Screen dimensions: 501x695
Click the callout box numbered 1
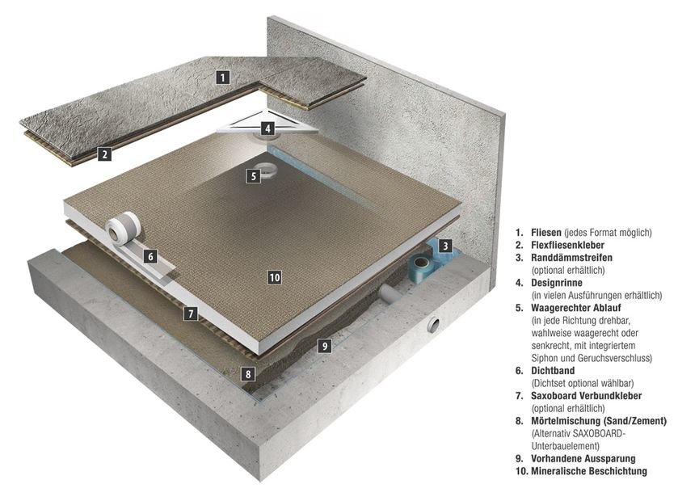pos(223,78)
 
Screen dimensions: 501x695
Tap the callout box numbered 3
pos(445,245)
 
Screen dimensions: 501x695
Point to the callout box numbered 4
pos(267,128)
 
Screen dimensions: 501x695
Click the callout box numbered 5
pos(253,175)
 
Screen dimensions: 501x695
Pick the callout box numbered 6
pos(150,256)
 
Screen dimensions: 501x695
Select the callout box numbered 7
pos(190,313)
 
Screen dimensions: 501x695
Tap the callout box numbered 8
pos(248,374)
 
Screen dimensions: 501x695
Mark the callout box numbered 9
pos(323,346)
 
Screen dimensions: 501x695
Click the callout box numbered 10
pos(274,277)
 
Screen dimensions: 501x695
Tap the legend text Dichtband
pos(551,370)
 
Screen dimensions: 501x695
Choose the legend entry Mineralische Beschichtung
pos(589,470)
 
